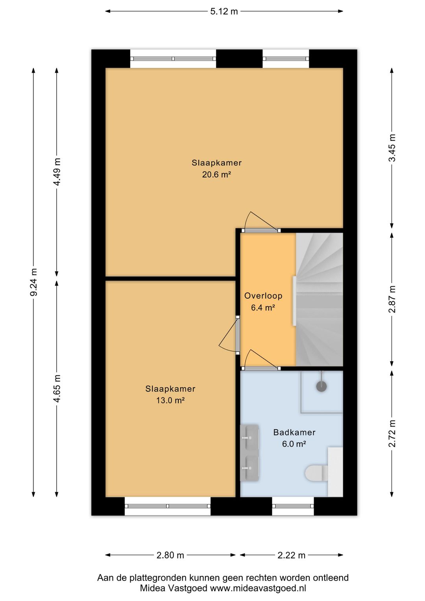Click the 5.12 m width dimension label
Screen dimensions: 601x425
click(224, 11)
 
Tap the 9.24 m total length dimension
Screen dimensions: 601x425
click(34, 282)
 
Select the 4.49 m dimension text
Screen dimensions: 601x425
click(57, 172)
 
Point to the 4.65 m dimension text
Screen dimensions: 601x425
click(57, 389)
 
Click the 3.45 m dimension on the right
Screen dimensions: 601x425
click(392, 148)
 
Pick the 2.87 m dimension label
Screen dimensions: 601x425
click(392, 299)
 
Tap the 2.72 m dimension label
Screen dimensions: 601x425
click(392, 433)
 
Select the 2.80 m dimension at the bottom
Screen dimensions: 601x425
click(170, 555)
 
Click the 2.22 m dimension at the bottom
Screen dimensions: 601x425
click(291, 555)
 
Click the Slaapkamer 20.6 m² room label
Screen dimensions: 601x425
click(216, 169)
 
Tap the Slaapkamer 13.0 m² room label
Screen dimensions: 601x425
click(170, 394)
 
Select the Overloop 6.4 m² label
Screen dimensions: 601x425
click(263, 302)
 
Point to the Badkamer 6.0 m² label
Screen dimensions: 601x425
click(294, 438)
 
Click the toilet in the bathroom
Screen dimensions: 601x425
click(317, 473)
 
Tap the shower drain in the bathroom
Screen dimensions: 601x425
click(322, 386)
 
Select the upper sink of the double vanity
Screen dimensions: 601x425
click(249, 437)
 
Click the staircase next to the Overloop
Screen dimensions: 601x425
click(320, 299)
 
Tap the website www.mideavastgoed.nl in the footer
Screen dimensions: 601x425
click(258, 588)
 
